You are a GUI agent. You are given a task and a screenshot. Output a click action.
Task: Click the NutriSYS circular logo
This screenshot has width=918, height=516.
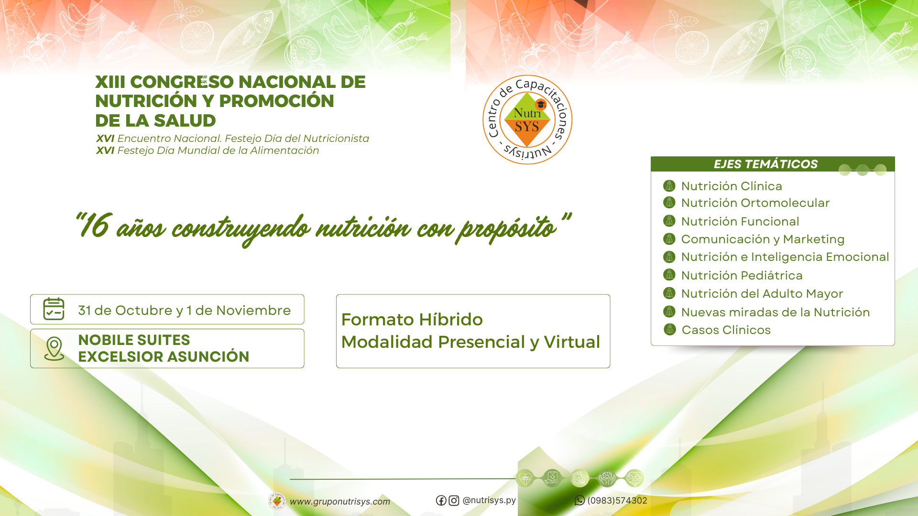click(x=527, y=119)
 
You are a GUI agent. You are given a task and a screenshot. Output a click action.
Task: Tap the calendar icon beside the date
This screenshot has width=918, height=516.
click(x=54, y=309)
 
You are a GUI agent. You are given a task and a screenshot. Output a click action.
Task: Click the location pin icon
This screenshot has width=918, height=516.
click(x=54, y=349)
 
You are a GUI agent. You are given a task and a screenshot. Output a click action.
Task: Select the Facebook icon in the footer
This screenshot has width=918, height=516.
click(x=441, y=500)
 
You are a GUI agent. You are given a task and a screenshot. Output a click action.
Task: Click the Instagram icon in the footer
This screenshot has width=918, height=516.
click(x=454, y=500)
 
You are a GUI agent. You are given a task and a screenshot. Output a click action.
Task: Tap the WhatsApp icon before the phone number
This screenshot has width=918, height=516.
click(x=579, y=500)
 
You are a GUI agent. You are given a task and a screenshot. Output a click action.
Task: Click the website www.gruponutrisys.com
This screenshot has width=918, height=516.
click(x=340, y=502)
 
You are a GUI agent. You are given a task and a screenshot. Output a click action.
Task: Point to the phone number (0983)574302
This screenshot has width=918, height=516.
click(x=617, y=500)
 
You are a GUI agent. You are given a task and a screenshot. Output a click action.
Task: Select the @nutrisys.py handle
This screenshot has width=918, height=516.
click(x=489, y=500)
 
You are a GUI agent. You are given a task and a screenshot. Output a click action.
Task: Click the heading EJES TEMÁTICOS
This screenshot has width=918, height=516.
click(x=765, y=164)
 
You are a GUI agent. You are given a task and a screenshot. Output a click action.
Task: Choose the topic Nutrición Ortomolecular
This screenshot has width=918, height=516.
click(x=755, y=203)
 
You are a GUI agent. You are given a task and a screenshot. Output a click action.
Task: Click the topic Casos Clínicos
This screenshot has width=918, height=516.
click(x=726, y=330)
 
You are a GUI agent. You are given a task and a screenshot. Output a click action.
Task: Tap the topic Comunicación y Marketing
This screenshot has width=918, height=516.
click(x=763, y=239)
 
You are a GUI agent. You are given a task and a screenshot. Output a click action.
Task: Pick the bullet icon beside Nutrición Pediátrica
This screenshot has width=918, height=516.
click(x=669, y=275)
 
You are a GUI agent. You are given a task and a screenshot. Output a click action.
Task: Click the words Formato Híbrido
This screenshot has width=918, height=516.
click(x=412, y=319)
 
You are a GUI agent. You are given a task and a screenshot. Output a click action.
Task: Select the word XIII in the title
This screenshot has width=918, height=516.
click(x=110, y=82)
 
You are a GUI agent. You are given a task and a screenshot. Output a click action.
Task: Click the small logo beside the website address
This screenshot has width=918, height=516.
click(x=277, y=501)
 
